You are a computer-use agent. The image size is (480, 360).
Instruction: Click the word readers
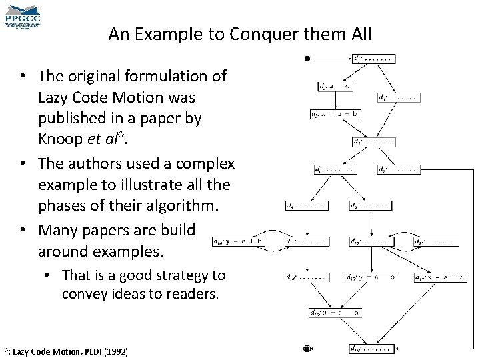193,293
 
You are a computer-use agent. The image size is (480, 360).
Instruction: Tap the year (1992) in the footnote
115,351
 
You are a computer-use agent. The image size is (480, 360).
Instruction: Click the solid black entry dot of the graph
307,59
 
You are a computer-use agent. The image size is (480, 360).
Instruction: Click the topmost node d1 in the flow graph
373,58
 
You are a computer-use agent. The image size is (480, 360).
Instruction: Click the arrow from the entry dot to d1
330,59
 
